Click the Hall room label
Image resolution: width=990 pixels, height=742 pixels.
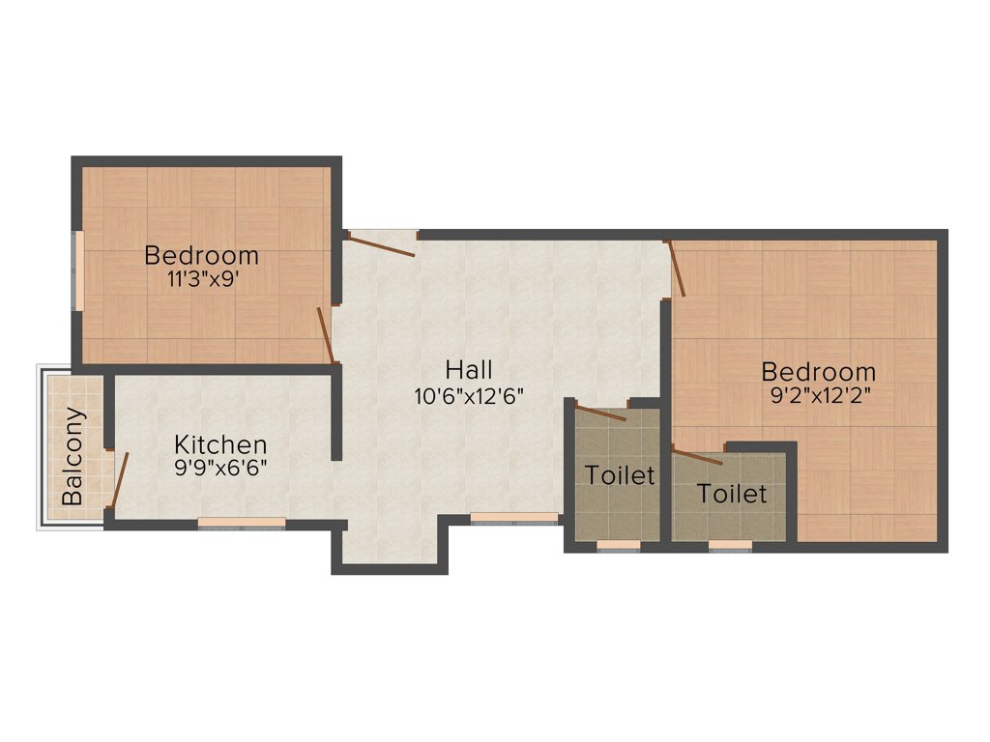click(x=469, y=369)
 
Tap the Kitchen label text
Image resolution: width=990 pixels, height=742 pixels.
click(x=220, y=444)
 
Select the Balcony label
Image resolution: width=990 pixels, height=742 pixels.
click(x=73, y=456)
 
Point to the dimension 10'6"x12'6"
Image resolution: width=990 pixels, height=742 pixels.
click(x=469, y=395)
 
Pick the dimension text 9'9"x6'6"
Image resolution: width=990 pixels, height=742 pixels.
click(x=220, y=467)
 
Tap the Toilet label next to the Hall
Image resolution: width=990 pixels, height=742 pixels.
click(x=620, y=475)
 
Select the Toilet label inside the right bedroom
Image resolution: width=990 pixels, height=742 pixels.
click(x=732, y=494)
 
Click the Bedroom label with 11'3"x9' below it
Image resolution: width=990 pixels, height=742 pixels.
click(x=201, y=256)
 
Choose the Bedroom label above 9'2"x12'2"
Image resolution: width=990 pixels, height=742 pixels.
click(x=818, y=371)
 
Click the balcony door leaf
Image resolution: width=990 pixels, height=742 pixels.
click(x=120, y=479)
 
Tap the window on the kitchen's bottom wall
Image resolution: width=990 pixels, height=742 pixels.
click(x=242, y=522)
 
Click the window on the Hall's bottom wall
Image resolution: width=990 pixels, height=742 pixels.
click(x=513, y=517)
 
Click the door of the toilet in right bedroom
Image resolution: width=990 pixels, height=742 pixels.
click(x=697, y=456)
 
